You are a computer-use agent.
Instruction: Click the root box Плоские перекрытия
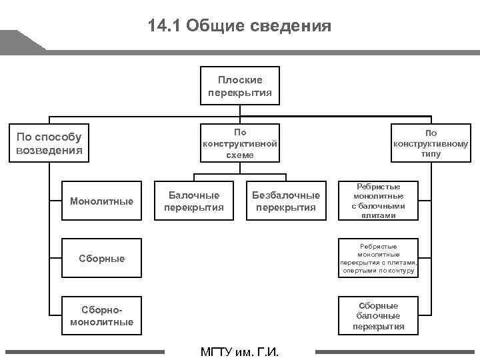[x=240, y=85]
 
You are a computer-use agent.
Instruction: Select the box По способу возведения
[x=49, y=143]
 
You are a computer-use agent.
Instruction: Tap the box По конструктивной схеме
[x=240, y=143]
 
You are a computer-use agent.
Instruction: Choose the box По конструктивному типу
[x=431, y=143]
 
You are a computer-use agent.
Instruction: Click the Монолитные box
[x=101, y=201]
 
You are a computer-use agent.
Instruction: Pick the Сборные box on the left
[x=101, y=258]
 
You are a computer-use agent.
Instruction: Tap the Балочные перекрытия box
[x=194, y=201]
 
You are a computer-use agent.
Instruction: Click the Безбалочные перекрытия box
[x=286, y=201]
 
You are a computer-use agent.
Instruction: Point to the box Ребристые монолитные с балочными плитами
[x=379, y=201]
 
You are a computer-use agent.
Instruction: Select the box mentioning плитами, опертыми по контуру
[x=379, y=258]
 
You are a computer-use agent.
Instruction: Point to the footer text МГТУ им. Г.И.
[x=239, y=352]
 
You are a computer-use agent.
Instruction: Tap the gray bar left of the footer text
[x=84, y=351]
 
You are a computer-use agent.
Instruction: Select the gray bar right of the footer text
[x=396, y=351]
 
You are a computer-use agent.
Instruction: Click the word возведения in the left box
[x=49, y=150]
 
